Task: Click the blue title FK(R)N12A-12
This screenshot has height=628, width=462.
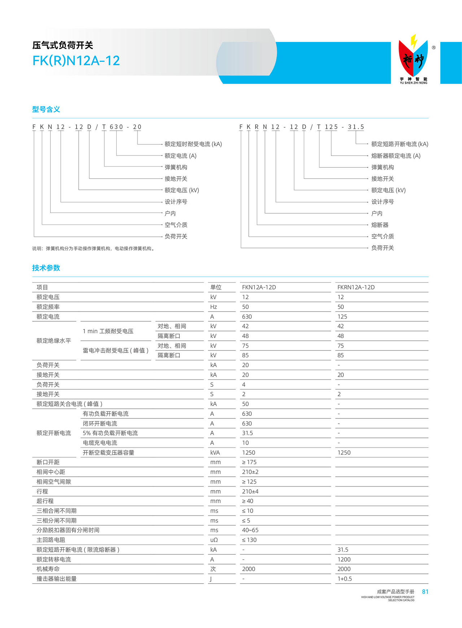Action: pos(76,61)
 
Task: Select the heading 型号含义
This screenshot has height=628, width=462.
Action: pos(46,109)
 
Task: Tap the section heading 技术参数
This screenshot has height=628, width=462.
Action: pos(46,268)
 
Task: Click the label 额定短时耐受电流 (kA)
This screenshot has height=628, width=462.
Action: pos(193,144)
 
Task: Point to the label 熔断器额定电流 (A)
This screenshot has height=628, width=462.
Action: pos(396,156)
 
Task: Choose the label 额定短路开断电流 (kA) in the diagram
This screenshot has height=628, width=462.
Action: pos(400,144)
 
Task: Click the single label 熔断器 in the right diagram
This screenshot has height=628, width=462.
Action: pos(380,225)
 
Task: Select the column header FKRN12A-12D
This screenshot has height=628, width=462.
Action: pos(356,287)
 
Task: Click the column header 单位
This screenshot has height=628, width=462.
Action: pos(216,287)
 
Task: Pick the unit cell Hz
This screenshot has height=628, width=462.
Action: pos(213,307)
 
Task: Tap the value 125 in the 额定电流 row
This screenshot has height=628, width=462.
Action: pos(342,317)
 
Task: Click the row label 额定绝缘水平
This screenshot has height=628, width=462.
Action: pos(54,341)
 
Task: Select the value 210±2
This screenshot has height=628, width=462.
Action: pos(250,472)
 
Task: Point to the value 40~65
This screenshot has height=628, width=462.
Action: pos(250,530)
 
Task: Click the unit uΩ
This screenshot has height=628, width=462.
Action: pos(214,540)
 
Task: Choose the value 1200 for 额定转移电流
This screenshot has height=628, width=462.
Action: pos(344,559)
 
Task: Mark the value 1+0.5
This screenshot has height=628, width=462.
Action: pos(345,579)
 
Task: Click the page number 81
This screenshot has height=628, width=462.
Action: pos(425,592)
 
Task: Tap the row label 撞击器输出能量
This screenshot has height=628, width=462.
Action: pos(56,579)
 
